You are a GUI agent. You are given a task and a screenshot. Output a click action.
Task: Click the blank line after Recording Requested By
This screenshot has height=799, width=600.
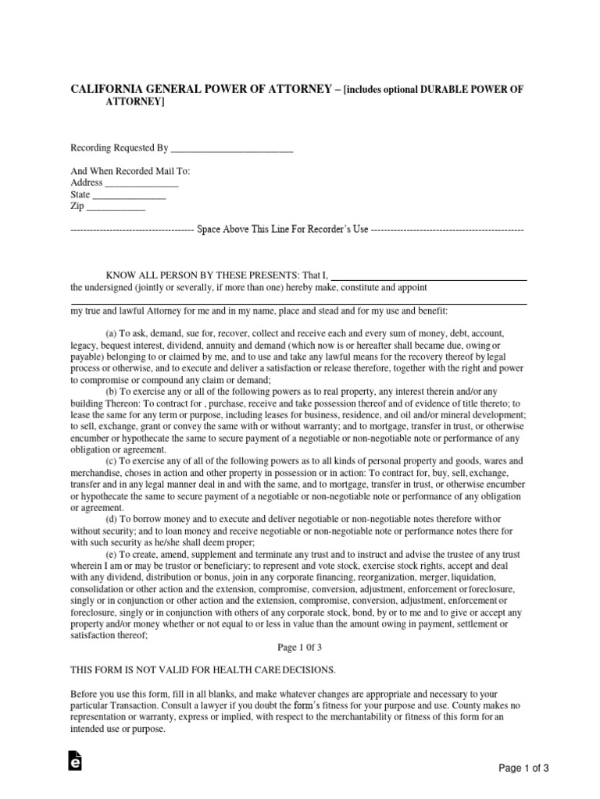point(232,147)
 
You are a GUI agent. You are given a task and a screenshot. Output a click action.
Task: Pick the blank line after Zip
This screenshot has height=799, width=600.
point(115,208)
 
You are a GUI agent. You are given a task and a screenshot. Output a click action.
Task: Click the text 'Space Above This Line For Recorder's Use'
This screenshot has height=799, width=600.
point(282,231)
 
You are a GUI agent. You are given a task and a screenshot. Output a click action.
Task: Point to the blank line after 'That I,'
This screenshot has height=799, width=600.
point(429,275)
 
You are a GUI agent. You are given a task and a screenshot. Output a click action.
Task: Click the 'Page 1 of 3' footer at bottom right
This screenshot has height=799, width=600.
point(524,768)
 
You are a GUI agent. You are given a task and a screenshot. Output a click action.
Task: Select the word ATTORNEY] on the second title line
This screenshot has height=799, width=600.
point(136,102)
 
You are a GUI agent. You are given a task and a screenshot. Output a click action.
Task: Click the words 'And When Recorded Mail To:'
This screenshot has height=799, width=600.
point(130,171)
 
